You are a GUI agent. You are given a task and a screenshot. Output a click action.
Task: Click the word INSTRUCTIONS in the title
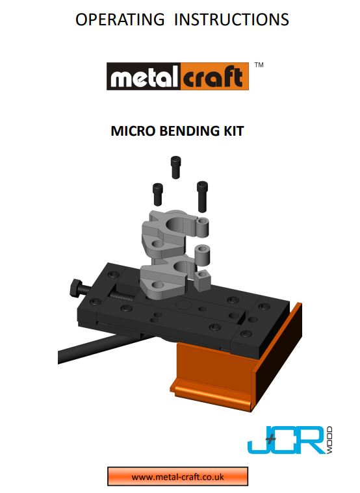click(x=230, y=19)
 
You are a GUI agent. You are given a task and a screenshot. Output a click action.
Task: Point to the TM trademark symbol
click(x=259, y=66)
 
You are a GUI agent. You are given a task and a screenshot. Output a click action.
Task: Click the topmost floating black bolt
click(x=175, y=167)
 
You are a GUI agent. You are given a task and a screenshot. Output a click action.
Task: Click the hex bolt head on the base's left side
click(x=75, y=286)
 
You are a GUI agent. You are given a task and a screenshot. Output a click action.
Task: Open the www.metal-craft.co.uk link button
click(x=177, y=476)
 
